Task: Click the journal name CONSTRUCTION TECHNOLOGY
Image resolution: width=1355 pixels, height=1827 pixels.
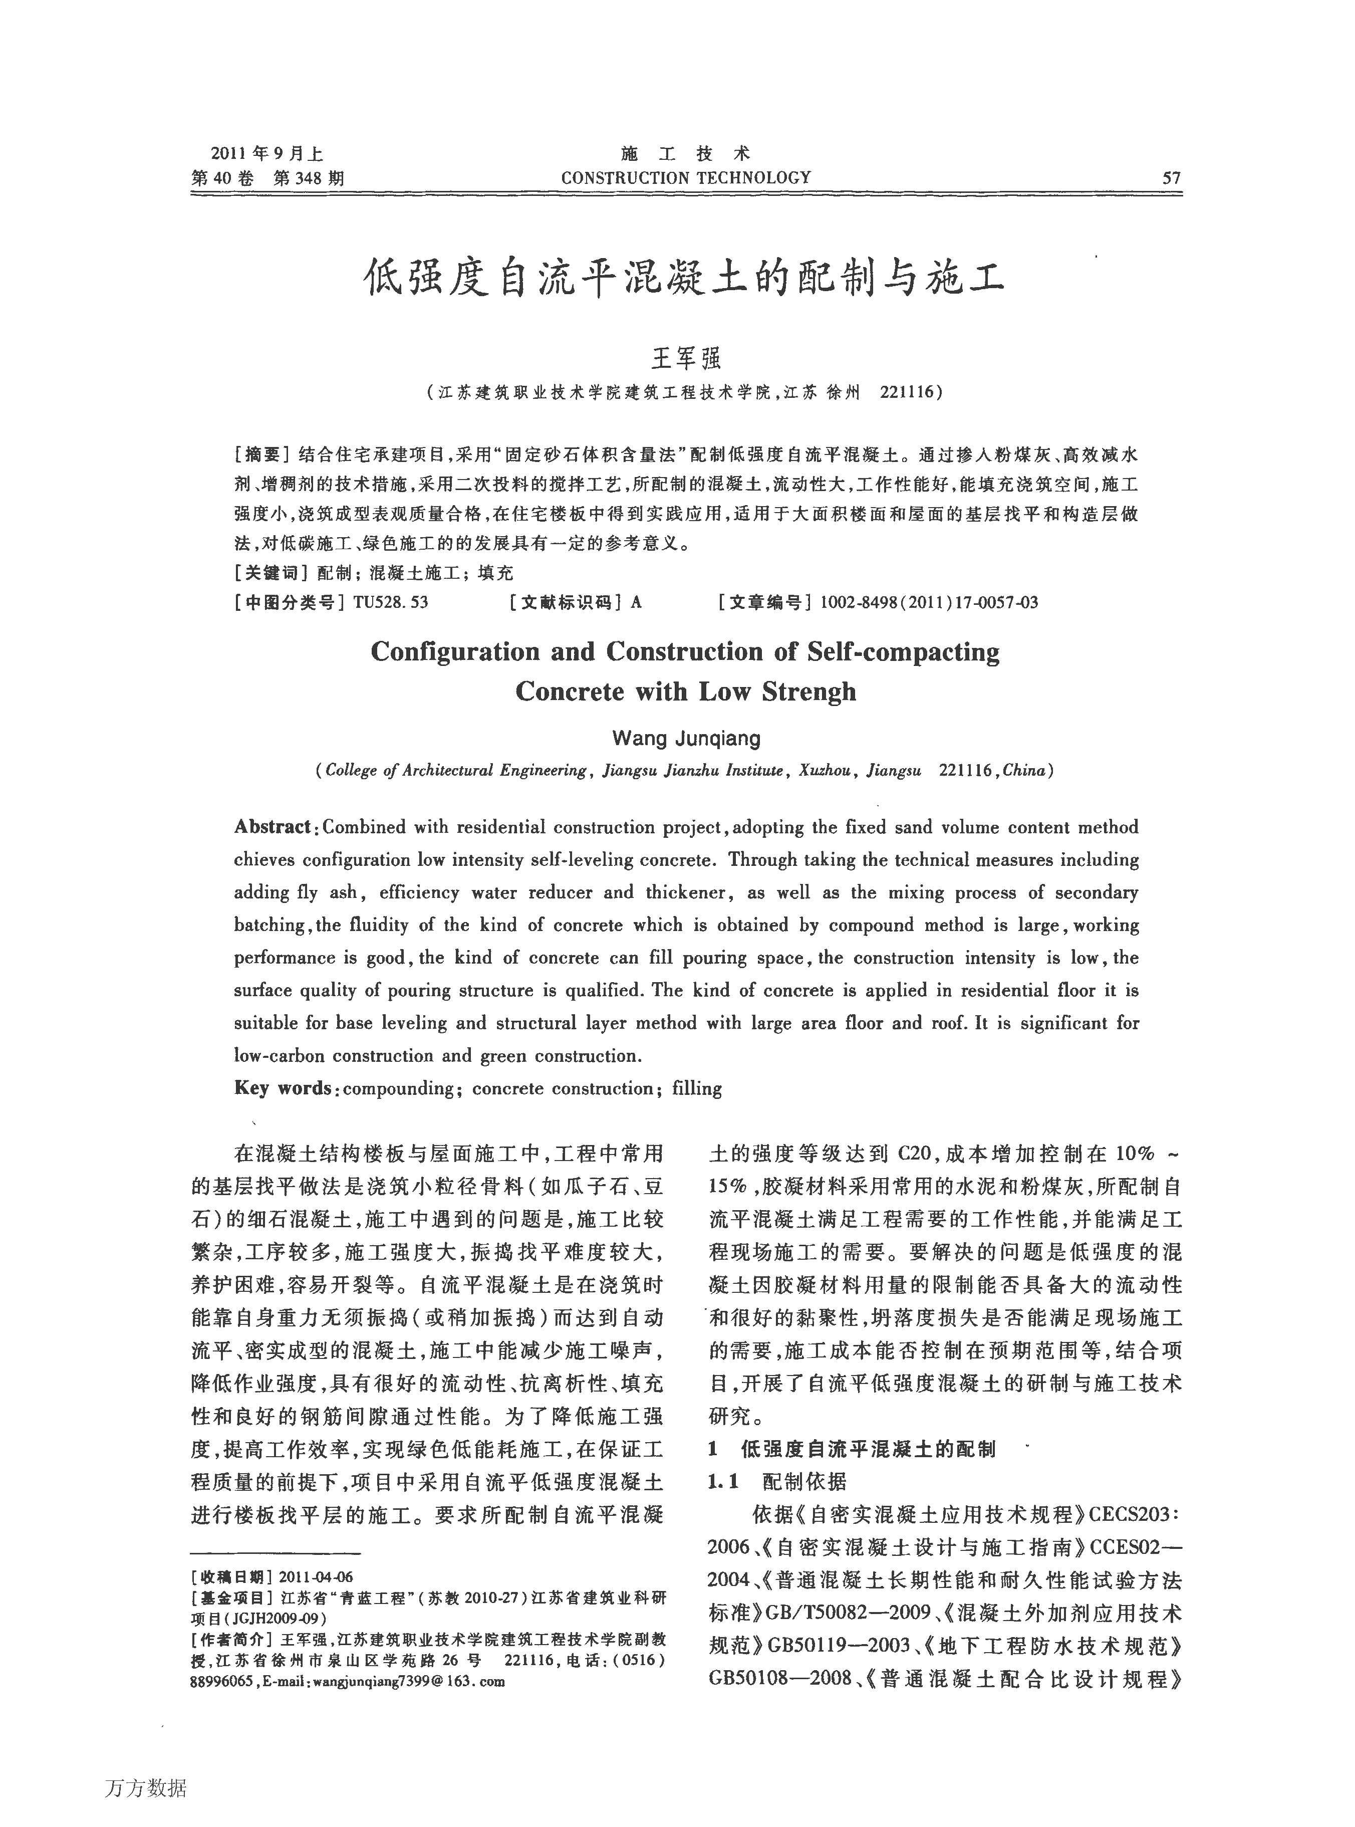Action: [686, 178]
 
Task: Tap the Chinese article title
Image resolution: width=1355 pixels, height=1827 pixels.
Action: [684, 279]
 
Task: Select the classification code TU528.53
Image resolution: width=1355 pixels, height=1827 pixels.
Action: [390, 602]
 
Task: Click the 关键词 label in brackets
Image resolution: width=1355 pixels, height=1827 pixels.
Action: [270, 573]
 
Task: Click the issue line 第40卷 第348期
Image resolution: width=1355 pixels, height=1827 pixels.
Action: [267, 178]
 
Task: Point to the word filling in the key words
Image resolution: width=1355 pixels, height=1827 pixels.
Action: [697, 1089]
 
